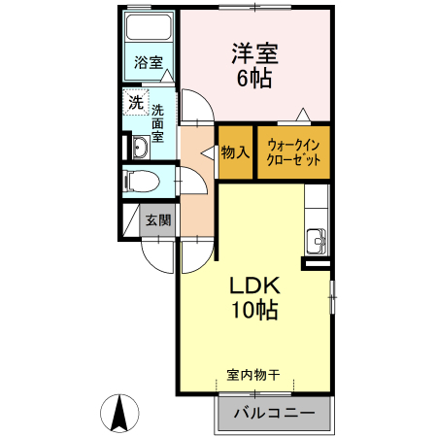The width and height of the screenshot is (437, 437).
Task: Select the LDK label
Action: coord(254,286)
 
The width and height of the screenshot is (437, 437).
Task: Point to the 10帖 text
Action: coord(254,311)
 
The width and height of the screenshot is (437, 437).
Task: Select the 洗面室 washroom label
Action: coord(156,124)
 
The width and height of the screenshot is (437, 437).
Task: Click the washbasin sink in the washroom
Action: coord(139,148)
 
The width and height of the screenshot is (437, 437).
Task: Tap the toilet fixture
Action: coord(144,182)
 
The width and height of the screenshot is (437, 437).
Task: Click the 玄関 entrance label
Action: coord(157,220)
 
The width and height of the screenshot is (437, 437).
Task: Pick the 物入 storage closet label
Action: coord(235,152)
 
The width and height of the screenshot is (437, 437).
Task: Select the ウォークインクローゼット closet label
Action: coord(293,152)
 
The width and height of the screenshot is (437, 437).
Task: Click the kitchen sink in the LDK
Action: coord(317,241)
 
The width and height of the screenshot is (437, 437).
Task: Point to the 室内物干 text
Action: coord(253,374)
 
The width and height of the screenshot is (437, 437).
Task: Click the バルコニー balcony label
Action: coord(273,413)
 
